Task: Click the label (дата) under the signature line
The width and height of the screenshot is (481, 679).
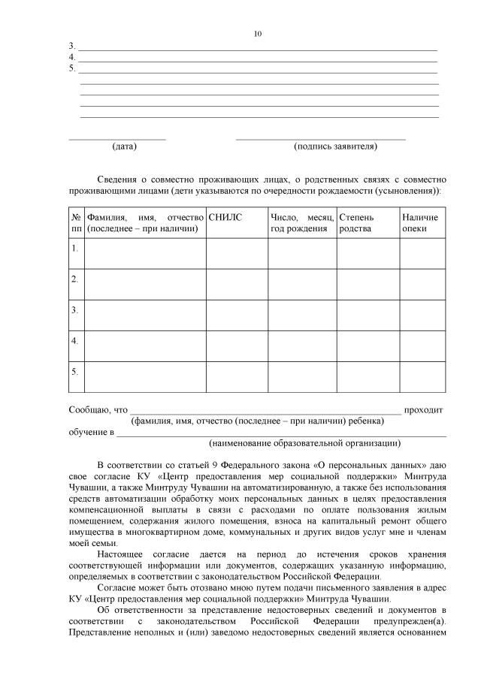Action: pyautogui.click(x=124, y=146)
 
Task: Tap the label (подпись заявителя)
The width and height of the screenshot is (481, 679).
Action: pyautogui.click(x=335, y=146)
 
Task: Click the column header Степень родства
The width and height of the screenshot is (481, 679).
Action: pyautogui.click(x=355, y=222)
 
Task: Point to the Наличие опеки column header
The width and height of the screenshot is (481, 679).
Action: pyautogui.click(x=419, y=222)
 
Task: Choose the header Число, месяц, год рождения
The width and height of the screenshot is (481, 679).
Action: pyautogui.click(x=301, y=222)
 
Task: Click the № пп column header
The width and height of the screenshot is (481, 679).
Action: pyautogui.click(x=76, y=222)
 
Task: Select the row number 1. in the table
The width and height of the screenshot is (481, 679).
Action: pyautogui.click(x=75, y=247)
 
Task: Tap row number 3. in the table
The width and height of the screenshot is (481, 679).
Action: pyautogui.click(x=75, y=309)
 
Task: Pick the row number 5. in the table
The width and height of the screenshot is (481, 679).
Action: pyautogui.click(x=75, y=371)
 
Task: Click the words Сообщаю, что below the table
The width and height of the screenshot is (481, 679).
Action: pyautogui.click(x=98, y=410)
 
